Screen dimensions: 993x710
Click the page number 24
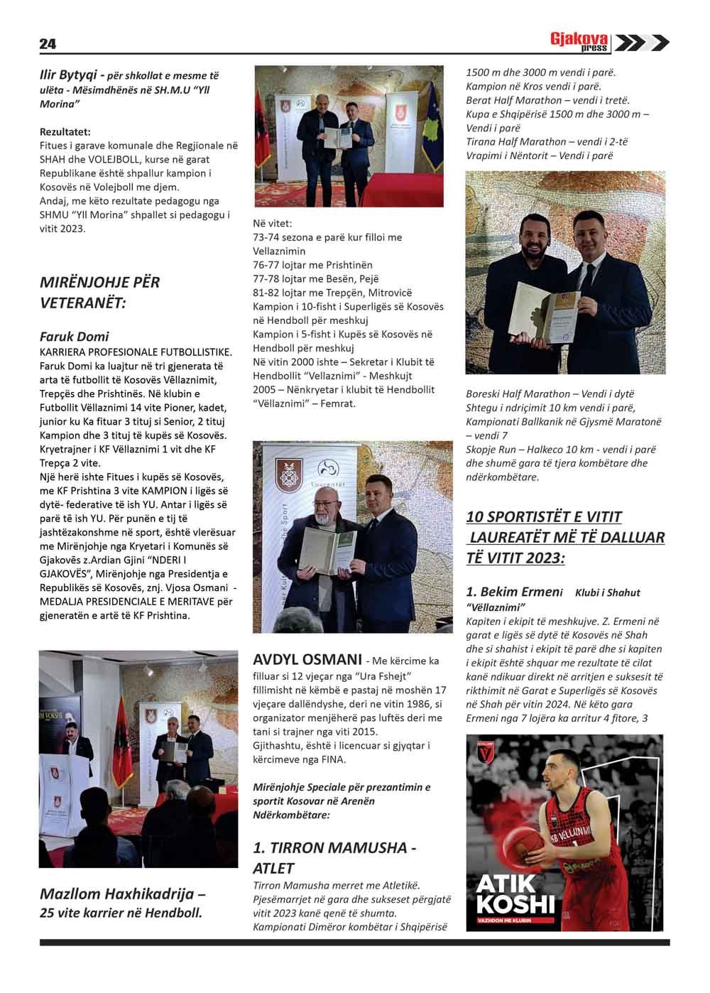pos(48,44)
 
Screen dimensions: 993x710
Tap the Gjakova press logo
pos(609,43)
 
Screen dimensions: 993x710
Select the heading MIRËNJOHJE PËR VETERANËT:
pos(100,292)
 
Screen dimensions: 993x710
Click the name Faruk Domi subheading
pos(75,336)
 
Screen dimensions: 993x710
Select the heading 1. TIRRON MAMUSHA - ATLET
pos(334,857)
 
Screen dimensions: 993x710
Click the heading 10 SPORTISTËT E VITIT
pos(544,516)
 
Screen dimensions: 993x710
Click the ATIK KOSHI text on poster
pos(515,897)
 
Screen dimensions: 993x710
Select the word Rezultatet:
pos(65,131)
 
